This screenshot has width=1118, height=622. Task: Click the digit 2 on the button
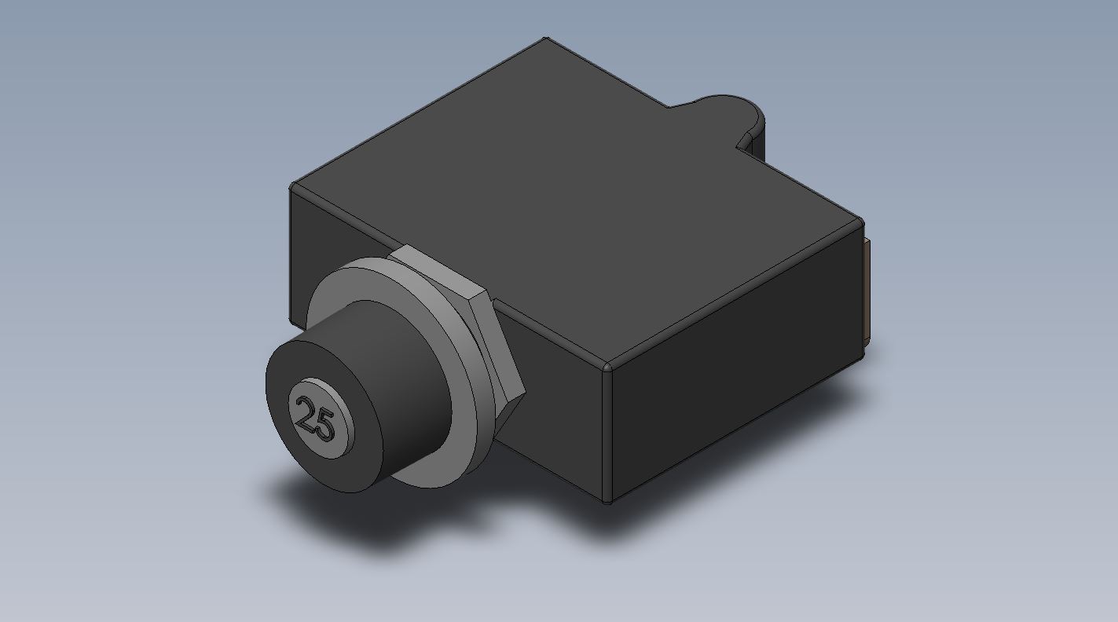[x=306, y=412]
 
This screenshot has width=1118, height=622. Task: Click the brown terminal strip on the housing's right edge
[x=867, y=289]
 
